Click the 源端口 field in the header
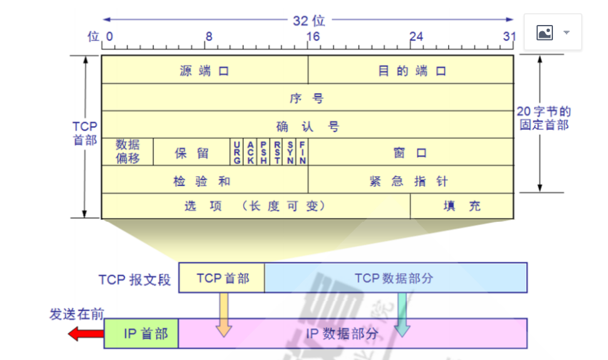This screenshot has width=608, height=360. pos(205,70)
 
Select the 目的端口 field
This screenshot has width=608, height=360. pos(411,70)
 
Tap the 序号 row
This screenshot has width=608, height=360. pos(307,98)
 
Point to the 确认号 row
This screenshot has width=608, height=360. pos(307,126)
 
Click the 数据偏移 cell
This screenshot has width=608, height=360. pos(128,152)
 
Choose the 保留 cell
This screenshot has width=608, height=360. pos(191,152)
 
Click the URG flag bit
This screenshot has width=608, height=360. pos(237,152)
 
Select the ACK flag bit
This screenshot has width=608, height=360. pos(250,152)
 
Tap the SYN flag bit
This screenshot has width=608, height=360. pos(290,152)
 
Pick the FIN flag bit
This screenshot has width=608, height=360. pos(303,152)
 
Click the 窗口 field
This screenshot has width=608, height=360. pos(411,152)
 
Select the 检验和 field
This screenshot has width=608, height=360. pos(205,180)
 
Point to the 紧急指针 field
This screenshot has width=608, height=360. pos(411,180)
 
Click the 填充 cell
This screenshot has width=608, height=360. pos(462,206)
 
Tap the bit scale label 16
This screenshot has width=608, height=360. pos(313,37)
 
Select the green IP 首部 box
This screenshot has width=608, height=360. pos(142,334)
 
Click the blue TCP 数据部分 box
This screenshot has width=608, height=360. pos(395,278)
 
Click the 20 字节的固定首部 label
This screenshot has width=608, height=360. pos(544,118)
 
